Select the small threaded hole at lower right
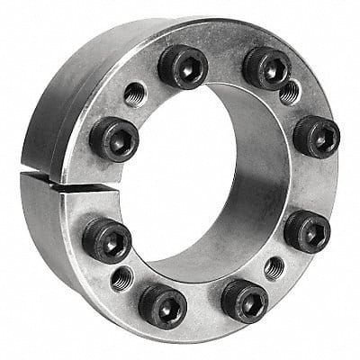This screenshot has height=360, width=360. pyautogui.click(x=274, y=267)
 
